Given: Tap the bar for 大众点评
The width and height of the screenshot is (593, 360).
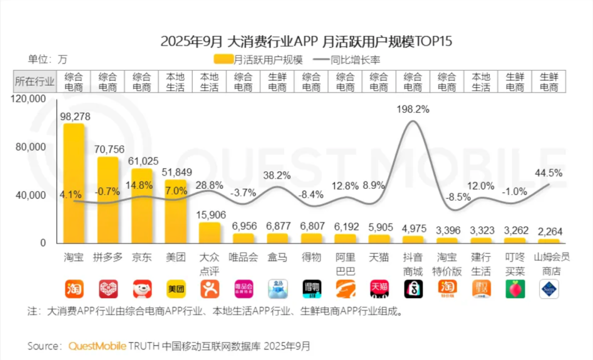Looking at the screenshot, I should (x=210, y=233).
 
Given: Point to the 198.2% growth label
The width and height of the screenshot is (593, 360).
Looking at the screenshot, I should (x=413, y=109).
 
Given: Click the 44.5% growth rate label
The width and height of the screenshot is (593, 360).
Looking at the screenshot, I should (x=549, y=173).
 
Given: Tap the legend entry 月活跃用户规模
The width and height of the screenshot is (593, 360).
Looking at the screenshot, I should (x=258, y=59).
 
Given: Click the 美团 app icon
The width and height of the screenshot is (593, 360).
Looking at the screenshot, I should (x=176, y=289).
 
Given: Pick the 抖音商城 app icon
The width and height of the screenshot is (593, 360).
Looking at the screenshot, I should (x=413, y=289).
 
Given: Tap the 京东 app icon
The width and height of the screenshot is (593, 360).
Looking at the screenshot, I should (x=142, y=289).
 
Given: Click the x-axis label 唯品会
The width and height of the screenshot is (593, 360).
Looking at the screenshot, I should (x=244, y=257).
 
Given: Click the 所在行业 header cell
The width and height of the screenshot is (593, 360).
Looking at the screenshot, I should (x=35, y=82).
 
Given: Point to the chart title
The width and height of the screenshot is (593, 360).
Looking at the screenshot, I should (x=306, y=41).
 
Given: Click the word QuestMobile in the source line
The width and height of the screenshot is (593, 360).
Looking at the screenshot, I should (x=97, y=346).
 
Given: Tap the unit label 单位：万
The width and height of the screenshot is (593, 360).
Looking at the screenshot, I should (x=48, y=59).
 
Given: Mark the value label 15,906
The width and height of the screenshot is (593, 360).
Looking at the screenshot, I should (x=210, y=216).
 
